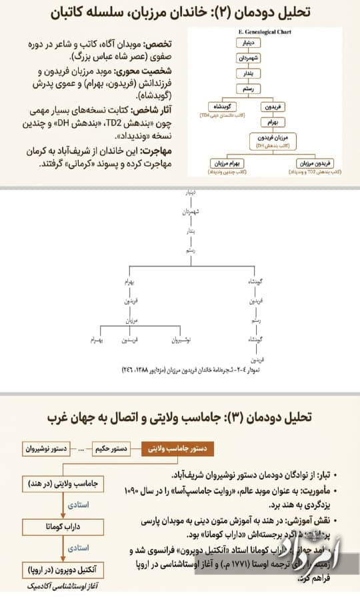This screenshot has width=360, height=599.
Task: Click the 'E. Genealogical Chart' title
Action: click(265, 31)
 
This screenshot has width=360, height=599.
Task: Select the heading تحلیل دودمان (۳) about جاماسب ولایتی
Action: click(180, 418)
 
